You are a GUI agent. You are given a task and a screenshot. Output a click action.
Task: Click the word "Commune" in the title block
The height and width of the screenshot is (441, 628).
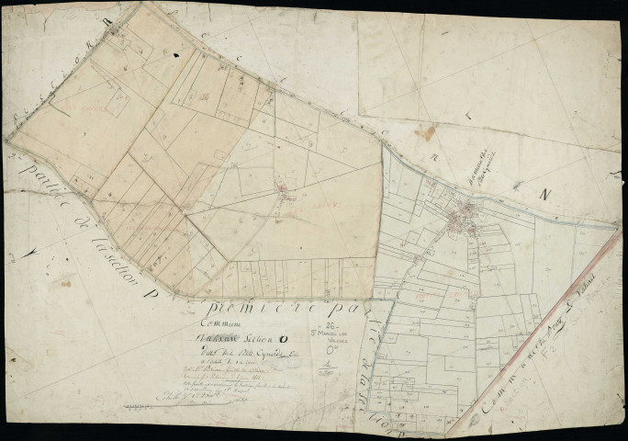[222, 325]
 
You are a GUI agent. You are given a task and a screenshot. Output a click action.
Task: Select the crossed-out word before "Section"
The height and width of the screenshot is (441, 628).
[223, 343]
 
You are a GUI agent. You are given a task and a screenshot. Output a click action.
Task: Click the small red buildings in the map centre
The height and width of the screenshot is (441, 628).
[286, 193]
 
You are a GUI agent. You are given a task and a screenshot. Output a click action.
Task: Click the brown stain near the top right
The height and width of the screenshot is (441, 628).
[424, 133]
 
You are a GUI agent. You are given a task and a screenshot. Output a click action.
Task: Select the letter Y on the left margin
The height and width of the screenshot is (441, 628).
[34, 250]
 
